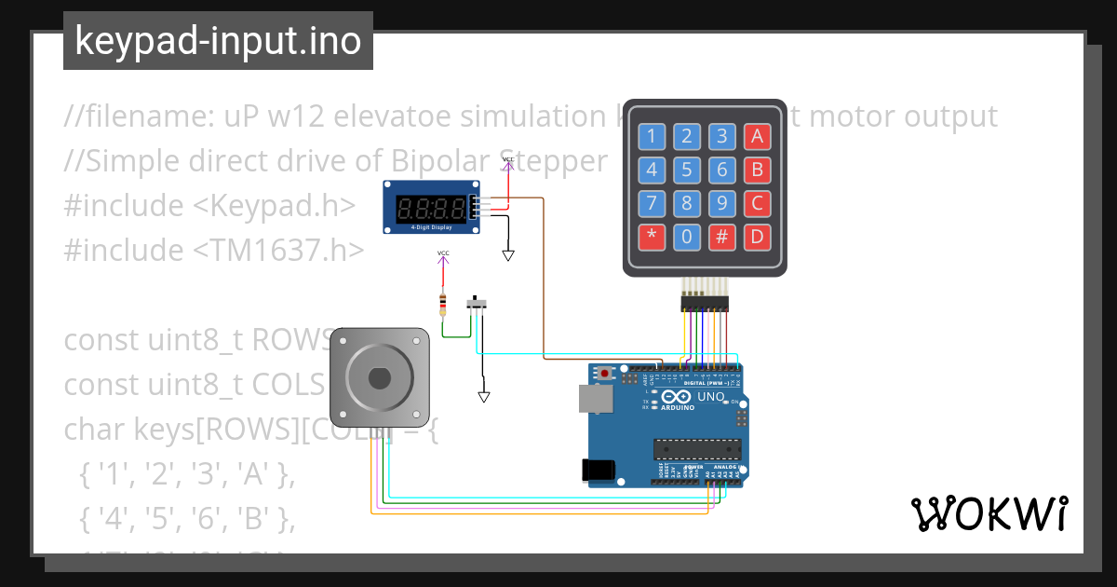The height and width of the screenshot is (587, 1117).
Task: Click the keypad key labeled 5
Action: pos(686,170)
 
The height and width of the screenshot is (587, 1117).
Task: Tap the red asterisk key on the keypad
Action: pos(652,237)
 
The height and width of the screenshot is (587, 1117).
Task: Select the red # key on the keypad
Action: pos(721,237)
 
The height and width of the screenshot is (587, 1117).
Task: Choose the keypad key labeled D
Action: pos(757,237)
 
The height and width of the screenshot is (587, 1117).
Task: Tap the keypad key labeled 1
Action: pos(652,137)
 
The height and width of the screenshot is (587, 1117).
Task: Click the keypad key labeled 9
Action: pos(721,203)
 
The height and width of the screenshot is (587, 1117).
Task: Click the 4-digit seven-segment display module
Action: pos(431,207)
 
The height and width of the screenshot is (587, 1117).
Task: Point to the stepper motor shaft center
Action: pos(379,377)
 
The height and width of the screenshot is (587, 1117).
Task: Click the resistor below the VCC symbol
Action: pos(443,304)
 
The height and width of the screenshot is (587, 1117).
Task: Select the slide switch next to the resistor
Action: pos(479,303)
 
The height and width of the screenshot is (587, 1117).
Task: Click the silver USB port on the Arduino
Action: pos(595,399)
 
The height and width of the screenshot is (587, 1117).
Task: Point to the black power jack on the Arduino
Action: pos(599,471)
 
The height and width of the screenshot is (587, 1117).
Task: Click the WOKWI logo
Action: pos(989,513)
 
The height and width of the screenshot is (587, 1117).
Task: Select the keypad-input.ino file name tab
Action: pos(218,41)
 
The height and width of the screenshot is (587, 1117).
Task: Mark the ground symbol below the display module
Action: pos(508,254)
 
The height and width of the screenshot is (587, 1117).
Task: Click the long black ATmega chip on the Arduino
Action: pos(697,449)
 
